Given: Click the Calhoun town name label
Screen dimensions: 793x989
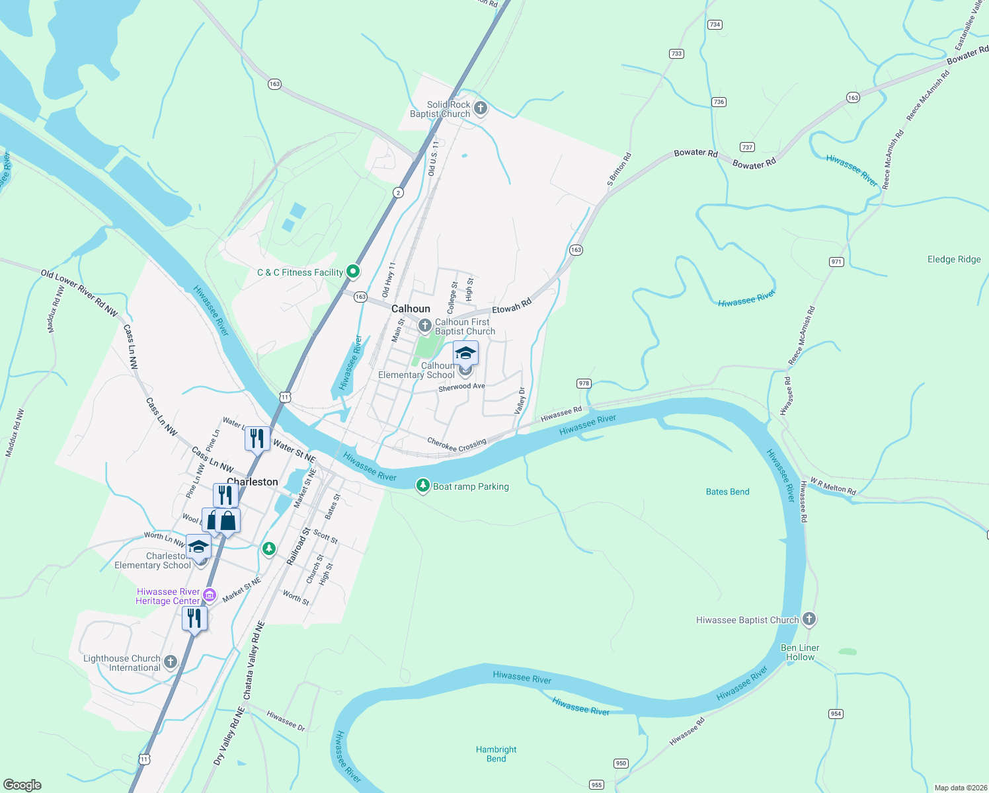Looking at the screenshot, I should [411, 309].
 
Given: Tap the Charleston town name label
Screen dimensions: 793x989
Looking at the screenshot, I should [252, 482].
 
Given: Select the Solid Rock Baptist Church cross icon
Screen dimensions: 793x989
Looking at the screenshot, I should [481, 108].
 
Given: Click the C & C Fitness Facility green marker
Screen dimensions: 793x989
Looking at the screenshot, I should [354, 271].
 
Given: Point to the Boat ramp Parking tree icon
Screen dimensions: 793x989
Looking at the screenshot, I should [422, 486].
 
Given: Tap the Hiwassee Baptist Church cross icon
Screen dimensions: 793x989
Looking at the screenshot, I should [809, 619].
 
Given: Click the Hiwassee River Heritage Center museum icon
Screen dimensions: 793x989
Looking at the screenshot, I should [210, 595].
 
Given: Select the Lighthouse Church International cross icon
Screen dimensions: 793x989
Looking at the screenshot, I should [171, 661].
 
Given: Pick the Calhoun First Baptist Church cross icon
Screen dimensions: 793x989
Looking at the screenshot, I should [425, 325].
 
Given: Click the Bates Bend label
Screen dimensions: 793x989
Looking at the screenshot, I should [727, 492].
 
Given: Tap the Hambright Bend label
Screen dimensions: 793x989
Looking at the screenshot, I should [496, 754].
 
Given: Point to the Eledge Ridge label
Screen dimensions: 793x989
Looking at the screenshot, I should [954, 259].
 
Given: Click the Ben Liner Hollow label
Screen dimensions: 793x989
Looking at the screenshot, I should [800, 652].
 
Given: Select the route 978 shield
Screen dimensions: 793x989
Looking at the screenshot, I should [583, 383].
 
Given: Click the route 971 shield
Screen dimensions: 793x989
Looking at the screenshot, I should [836, 262].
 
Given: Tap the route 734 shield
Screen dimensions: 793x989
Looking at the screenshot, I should [714, 24].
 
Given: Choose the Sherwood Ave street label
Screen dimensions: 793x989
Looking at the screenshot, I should [461, 387].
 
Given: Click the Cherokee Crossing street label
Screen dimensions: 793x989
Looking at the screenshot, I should [456, 445].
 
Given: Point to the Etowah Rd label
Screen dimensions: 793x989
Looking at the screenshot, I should [512, 307].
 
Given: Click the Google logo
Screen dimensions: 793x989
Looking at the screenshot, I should [22, 785].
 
